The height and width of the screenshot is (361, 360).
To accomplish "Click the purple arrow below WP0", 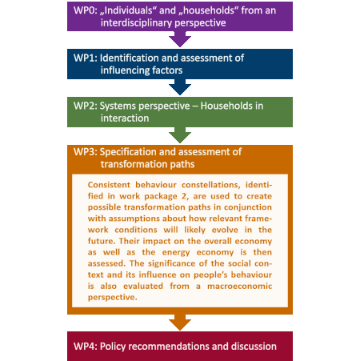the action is click(180, 39).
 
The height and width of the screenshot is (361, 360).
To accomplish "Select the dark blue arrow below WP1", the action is click(180, 87).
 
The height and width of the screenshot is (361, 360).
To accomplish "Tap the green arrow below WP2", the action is click(180, 135).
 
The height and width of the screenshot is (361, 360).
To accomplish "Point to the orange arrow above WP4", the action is click(180, 323).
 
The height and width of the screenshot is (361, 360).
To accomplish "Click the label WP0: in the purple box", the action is click(86, 10).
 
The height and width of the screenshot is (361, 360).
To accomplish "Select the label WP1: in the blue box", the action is click(86, 58).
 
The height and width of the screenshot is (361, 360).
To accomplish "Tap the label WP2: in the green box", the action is click(86, 106).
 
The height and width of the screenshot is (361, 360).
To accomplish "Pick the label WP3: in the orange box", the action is click(86, 152).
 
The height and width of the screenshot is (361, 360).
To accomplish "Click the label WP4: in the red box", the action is click(86, 347).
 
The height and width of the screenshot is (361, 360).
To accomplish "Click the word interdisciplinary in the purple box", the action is click(137, 23).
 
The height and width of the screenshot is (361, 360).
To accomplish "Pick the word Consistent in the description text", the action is click(109, 185).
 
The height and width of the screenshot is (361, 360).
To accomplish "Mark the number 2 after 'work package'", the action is click(184, 196).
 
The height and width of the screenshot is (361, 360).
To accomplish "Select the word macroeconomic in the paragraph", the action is click(240, 286).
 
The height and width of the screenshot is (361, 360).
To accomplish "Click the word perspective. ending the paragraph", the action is click(113, 298).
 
